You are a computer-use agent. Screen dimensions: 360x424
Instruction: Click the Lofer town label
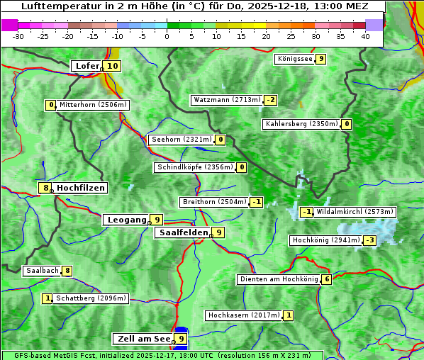point(87,66)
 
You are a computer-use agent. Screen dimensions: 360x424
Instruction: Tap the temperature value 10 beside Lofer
point(112,66)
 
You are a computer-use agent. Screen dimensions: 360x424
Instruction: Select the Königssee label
point(295,59)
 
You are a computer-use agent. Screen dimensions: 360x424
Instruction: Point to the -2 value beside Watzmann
point(271,100)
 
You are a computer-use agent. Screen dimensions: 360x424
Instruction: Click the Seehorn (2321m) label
point(182,140)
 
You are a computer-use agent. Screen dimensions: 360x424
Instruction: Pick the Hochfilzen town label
point(81,188)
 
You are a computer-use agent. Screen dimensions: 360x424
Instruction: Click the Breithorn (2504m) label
point(213,202)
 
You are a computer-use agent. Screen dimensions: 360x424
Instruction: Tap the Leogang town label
point(127,220)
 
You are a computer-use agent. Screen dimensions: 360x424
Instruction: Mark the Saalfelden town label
point(184,232)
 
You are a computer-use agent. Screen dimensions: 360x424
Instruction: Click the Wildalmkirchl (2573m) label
point(355,211)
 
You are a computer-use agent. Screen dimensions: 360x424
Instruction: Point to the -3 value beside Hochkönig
point(370,240)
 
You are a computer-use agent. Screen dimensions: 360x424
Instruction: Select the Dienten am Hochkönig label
point(278,279)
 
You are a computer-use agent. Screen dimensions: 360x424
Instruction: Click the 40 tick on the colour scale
point(365,35)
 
